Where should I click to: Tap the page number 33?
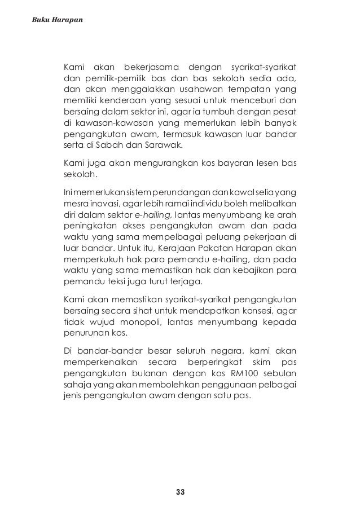[x=180, y=492]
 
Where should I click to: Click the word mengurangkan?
[x=162, y=164]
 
